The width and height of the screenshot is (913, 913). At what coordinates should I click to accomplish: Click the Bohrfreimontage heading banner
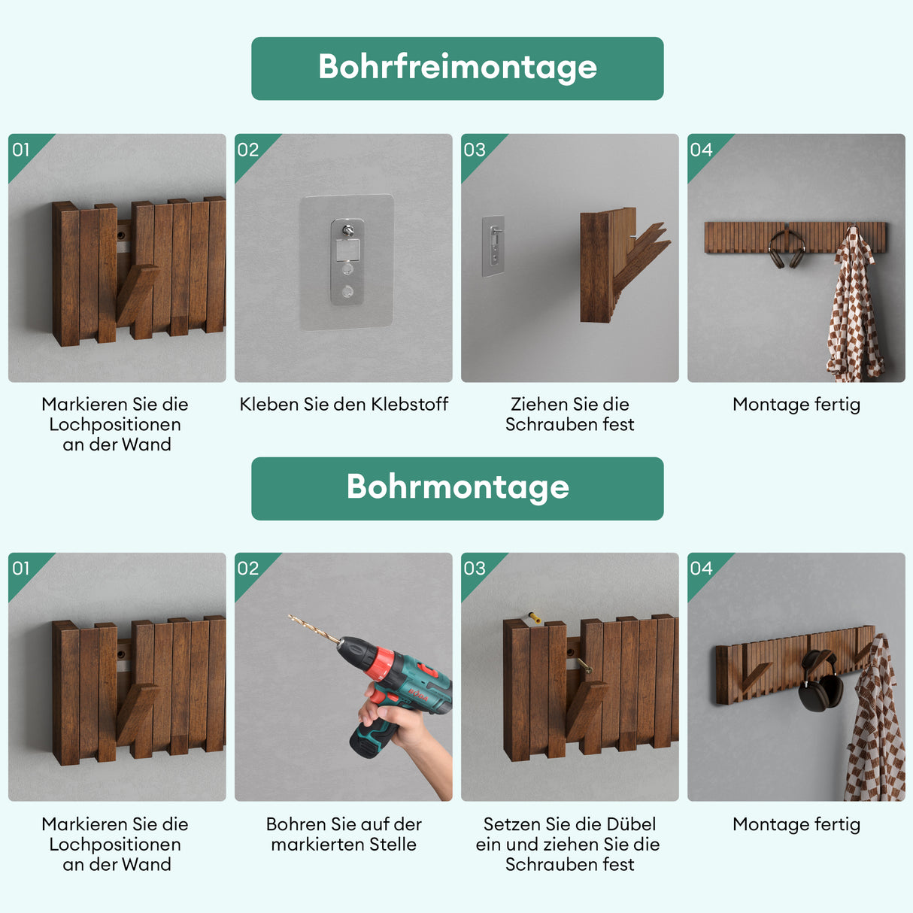(x=457, y=68)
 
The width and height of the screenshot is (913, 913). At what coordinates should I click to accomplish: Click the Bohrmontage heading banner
(x=457, y=488)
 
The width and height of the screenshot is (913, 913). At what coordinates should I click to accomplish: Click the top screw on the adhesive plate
(x=347, y=231)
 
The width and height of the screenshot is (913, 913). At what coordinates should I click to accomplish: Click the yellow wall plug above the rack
(x=534, y=617)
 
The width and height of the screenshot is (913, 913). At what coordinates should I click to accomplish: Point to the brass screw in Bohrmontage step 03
(x=583, y=665)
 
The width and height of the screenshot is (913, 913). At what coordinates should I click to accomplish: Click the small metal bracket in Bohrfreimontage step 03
(x=493, y=244)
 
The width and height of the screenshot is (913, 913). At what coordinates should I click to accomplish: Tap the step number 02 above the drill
(x=247, y=569)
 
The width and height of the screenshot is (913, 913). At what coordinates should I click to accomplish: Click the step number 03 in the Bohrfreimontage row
(x=475, y=150)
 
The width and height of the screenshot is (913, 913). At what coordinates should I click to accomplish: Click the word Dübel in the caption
(x=632, y=824)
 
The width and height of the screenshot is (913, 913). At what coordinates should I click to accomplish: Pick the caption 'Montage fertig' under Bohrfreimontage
(x=796, y=405)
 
